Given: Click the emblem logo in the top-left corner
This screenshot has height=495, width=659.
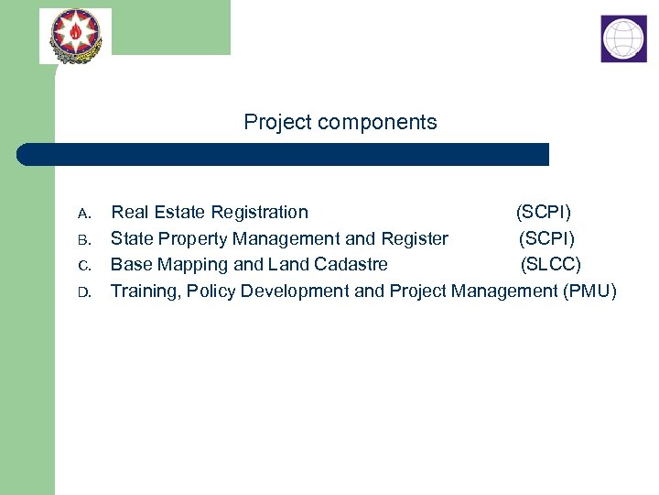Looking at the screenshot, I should pos(75,36).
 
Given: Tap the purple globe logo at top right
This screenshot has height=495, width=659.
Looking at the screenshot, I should pos(623,38).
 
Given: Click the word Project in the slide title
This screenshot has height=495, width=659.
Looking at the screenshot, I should pos(278,122).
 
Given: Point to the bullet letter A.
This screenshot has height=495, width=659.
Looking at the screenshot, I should pos(83,214).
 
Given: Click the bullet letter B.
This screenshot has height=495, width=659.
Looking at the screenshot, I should pos(83,240).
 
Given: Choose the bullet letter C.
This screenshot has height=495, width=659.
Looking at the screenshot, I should pos(83,266).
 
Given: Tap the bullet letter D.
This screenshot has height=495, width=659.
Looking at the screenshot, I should pos(83,292).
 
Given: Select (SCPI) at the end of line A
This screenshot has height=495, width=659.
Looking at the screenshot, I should pos(544,213).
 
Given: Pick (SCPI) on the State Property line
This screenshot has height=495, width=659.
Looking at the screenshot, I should pos(546,239).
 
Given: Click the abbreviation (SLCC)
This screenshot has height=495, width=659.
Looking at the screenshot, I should pos(551,265).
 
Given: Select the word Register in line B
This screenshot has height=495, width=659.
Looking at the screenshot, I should pos(415,239).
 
